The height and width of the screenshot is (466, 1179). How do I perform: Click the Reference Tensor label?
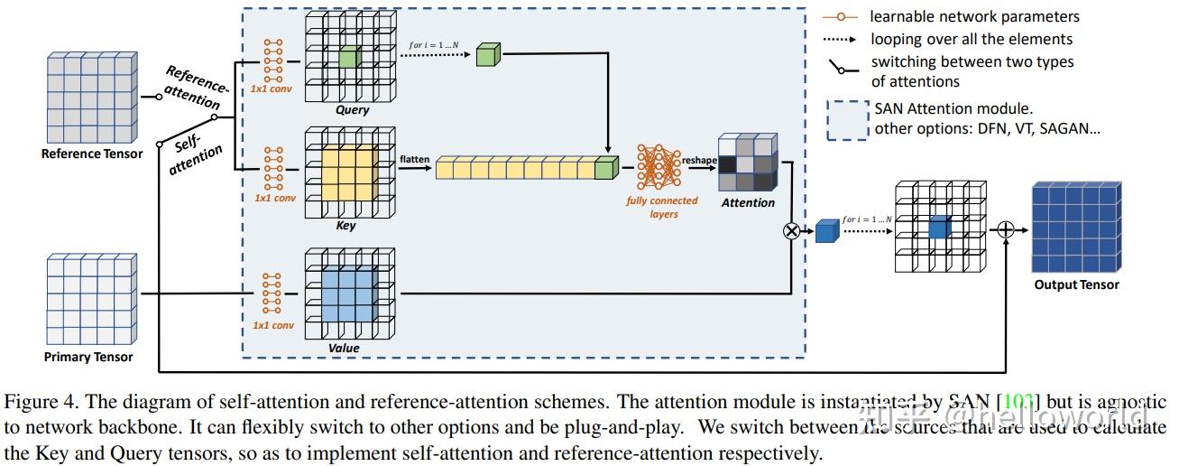[x=92, y=154]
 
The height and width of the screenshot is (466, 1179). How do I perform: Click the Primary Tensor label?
[x=88, y=357]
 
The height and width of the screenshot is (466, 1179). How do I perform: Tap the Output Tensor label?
[x=1076, y=284]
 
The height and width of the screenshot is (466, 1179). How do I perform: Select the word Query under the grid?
[x=352, y=110]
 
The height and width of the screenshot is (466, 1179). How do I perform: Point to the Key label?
[x=345, y=225]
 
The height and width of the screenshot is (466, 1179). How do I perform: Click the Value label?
[x=344, y=348]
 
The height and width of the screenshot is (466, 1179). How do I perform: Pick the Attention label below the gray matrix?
[x=748, y=202]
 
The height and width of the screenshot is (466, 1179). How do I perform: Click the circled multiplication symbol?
[x=791, y=230]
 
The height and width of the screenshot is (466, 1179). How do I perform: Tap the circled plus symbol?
[x=1006, y=230]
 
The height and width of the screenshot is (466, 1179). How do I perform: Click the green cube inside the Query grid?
[x=349, y=61]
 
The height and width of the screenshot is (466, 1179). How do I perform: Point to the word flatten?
[x=415, y=159]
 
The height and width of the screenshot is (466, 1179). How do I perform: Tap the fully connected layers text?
[x=662, y=207]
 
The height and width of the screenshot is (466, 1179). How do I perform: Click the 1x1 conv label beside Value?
[x=272, y=325]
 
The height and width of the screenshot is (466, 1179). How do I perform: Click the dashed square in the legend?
[x=846, y=120]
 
